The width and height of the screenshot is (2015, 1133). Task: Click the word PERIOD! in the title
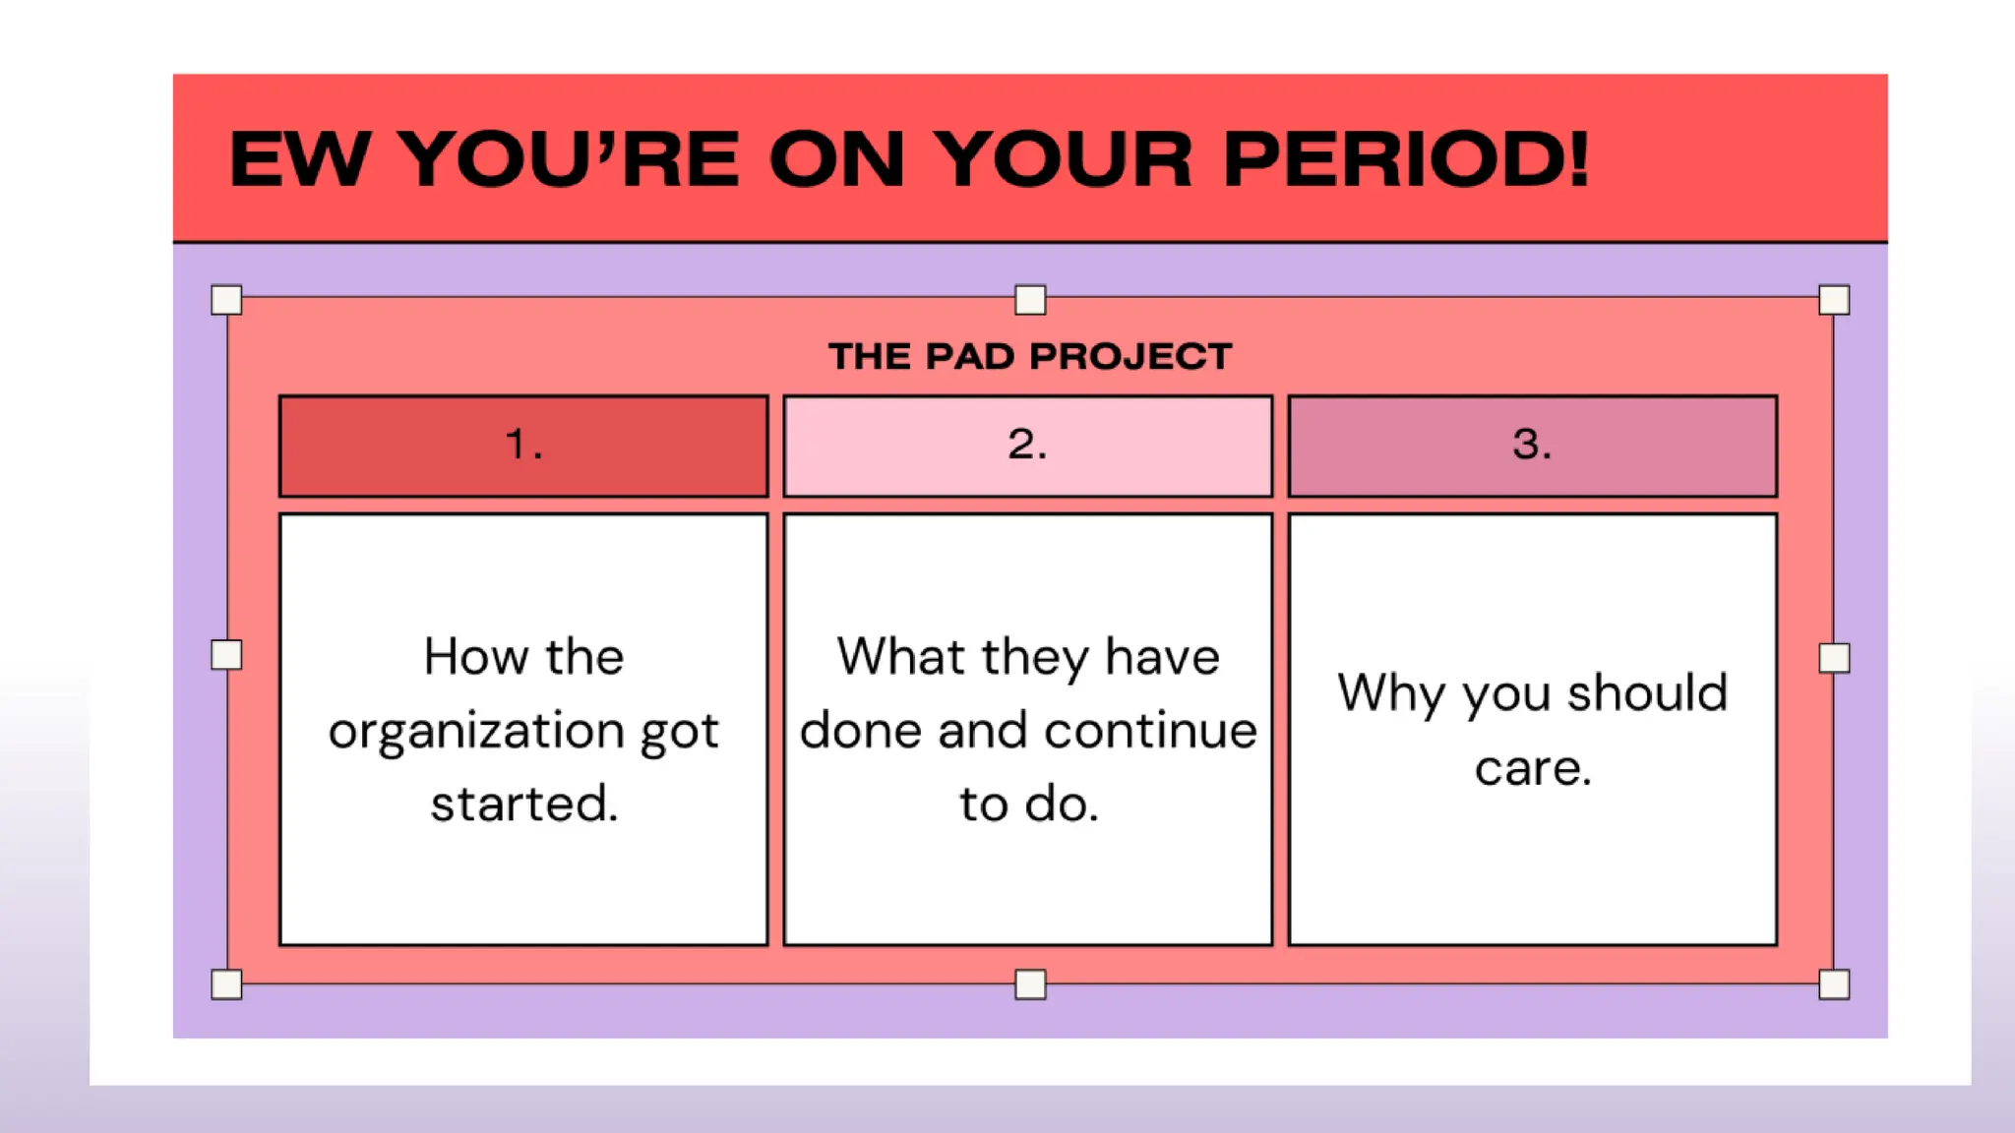[x=1405, y=159]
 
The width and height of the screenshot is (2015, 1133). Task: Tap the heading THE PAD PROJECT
[x=1029, y=356]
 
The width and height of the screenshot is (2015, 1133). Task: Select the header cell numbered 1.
[x=523, y=446]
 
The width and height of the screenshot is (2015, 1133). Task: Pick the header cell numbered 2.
[x=1027, y=446]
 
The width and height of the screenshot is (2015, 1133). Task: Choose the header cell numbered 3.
[x=1532, y=446]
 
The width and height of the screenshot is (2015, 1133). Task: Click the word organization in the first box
[x=476, y=732]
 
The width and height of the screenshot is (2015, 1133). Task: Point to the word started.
[x=523, y=805]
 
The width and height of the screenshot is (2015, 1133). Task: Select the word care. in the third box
[x=1532, y=768]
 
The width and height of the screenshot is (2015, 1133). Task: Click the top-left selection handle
[x=226, y=300]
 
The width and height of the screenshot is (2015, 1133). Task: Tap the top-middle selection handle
[x=1030, y=300]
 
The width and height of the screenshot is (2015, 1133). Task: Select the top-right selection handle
[x=1834, y=300]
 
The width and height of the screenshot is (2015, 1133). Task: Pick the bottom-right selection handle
[x=1834, y=984]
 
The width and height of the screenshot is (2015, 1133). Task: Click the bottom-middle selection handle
[x=1030, y=984]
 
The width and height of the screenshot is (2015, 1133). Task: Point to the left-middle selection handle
[x=226, y=655]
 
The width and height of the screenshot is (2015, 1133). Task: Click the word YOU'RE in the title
[x=571, y=159]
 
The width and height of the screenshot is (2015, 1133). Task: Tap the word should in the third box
[x=1647, y=693]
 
